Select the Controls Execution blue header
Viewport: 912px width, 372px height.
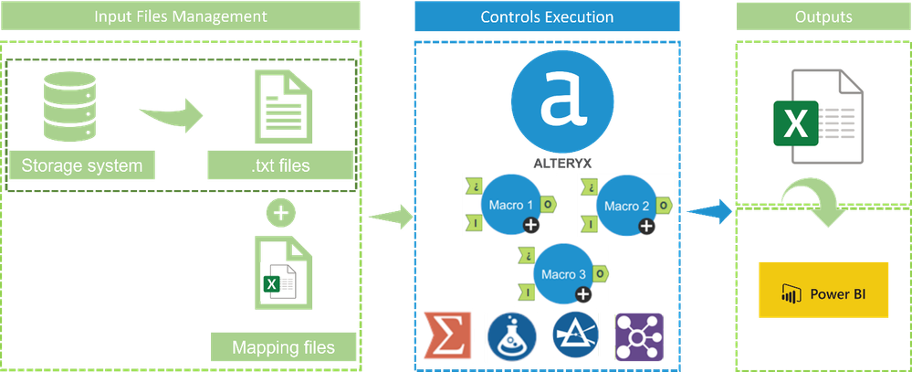[547, 17]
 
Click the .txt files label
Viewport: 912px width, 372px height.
[280, 166]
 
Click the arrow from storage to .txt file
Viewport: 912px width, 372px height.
[174, 116]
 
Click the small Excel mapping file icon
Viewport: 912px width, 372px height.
[278, 272]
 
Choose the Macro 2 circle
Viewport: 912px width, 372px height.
[622, 207]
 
